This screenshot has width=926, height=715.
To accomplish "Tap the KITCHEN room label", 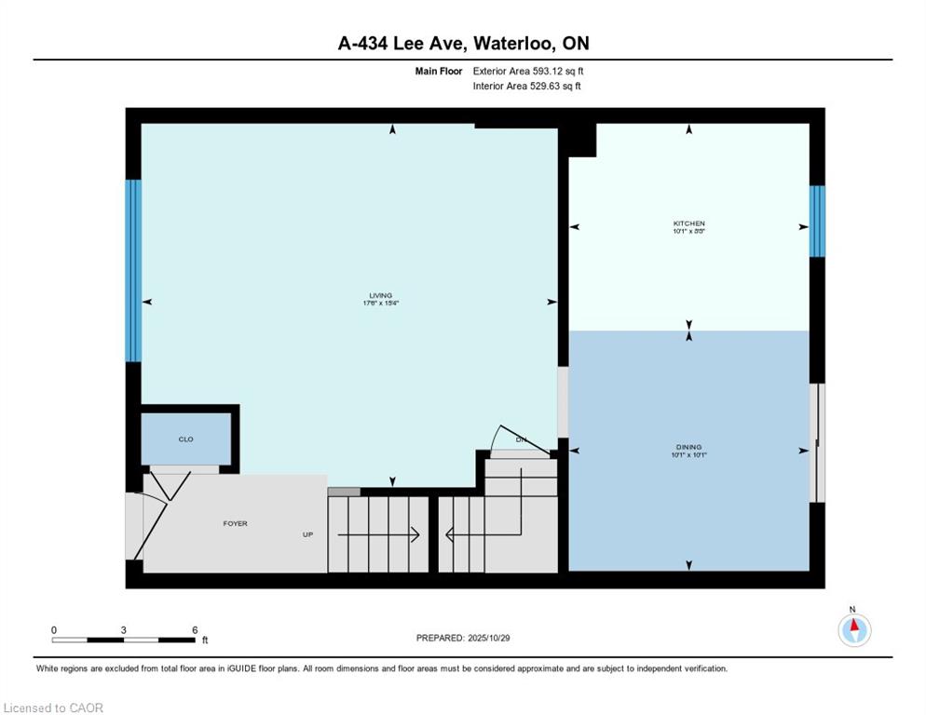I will [688, 223].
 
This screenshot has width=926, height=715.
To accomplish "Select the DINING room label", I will [688, 447].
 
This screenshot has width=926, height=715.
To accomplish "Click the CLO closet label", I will [185, 439].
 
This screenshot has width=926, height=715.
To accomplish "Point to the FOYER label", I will [235, 524].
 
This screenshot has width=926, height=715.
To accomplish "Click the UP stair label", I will [307, 535].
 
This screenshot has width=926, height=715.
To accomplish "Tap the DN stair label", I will [522, 438].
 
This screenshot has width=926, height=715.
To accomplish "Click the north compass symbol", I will [853, 630].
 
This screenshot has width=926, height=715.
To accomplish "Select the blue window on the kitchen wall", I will [817, 222].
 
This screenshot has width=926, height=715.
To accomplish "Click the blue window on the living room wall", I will [133, 270].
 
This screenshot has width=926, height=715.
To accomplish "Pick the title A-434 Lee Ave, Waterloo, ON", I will [463, 44].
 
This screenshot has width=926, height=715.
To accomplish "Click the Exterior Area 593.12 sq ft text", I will [528, 71].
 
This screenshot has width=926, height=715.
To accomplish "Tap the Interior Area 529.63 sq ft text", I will [528, 87].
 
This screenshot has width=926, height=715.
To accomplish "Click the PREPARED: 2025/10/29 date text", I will [463, 638].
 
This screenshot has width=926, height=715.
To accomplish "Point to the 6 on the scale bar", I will [195, 630].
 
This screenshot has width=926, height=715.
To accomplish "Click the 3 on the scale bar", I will [124, 630].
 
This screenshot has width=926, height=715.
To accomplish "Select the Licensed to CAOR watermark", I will [53, 708].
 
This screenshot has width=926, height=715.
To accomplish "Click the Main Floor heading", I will [439, 71].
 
